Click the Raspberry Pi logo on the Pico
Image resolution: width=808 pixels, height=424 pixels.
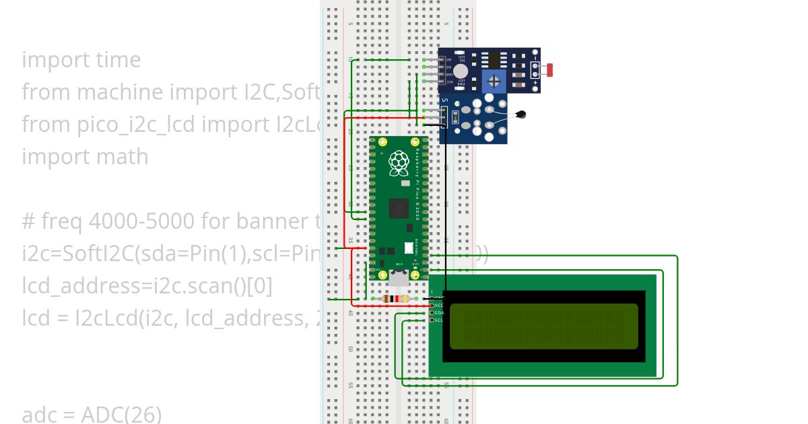click(x=399, y=162)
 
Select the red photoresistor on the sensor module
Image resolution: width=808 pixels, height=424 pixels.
click(x=550, y=69)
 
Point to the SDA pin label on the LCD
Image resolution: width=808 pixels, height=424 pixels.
click(x=439, y=313)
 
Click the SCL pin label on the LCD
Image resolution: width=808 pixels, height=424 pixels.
click(x=439, y=320)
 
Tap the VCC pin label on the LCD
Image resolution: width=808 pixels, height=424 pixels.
click(x=439, y=306)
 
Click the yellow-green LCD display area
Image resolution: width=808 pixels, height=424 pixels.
click(x=543, y=326)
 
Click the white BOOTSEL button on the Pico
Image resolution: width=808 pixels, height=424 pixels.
click(x=408, y=247)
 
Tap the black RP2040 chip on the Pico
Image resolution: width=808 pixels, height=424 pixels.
click(x=399, y=209)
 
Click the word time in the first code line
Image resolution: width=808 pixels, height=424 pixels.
click(x=119, y=60)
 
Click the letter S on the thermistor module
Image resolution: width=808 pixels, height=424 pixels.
click(x=444, y=100)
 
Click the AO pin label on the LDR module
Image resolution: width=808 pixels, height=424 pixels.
click(x=448, y=61)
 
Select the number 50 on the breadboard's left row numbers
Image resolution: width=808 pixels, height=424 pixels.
click(x=350, y=349)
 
